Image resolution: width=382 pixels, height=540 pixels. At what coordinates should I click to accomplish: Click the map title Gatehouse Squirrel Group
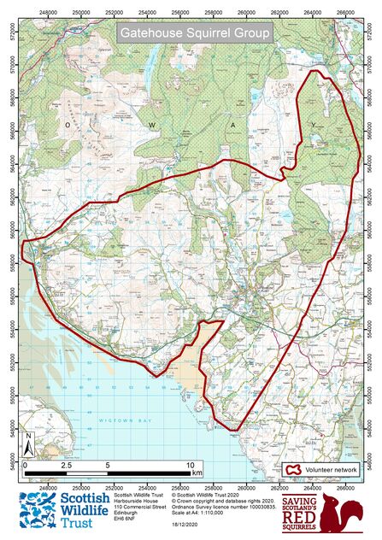tap(194, 34)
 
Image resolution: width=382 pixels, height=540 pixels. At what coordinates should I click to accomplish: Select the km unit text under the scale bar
tap(197, 472)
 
